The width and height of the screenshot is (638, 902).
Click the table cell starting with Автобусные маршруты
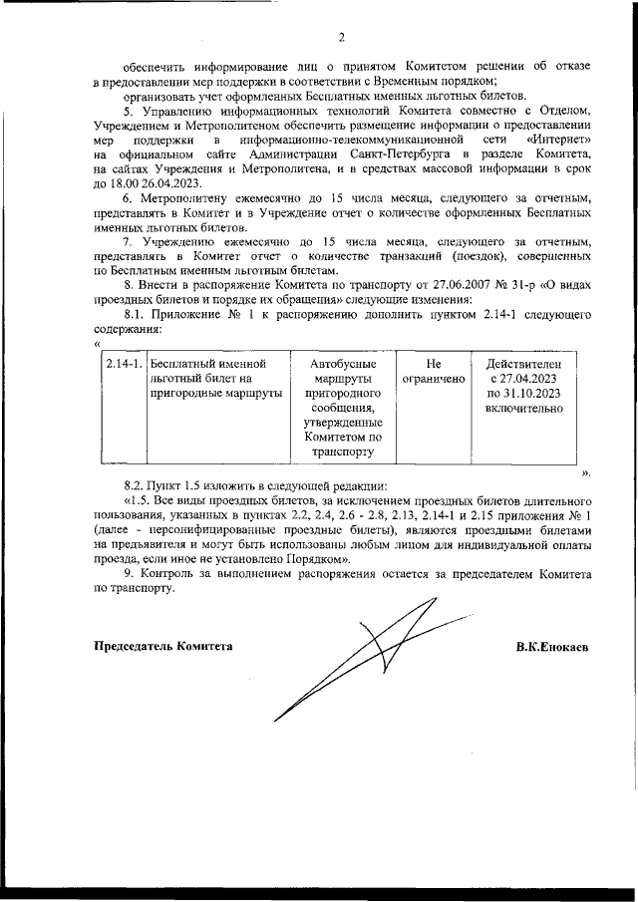point(342,408)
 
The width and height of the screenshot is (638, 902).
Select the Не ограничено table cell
point(433,373)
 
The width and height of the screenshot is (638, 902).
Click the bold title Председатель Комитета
point(162,647)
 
